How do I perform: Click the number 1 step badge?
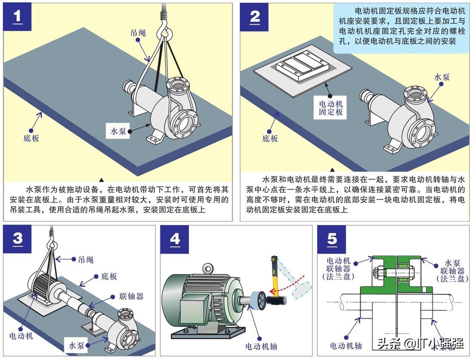18,17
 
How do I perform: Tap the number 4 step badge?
175,239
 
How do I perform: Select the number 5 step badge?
332,239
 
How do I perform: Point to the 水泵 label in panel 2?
442,78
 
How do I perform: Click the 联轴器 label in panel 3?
131,296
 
